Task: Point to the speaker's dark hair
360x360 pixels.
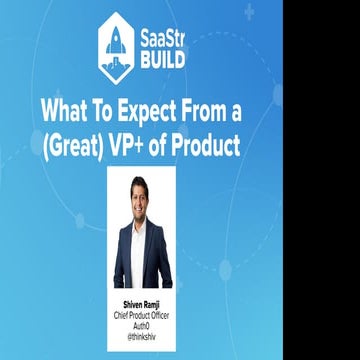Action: coord(142,183)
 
